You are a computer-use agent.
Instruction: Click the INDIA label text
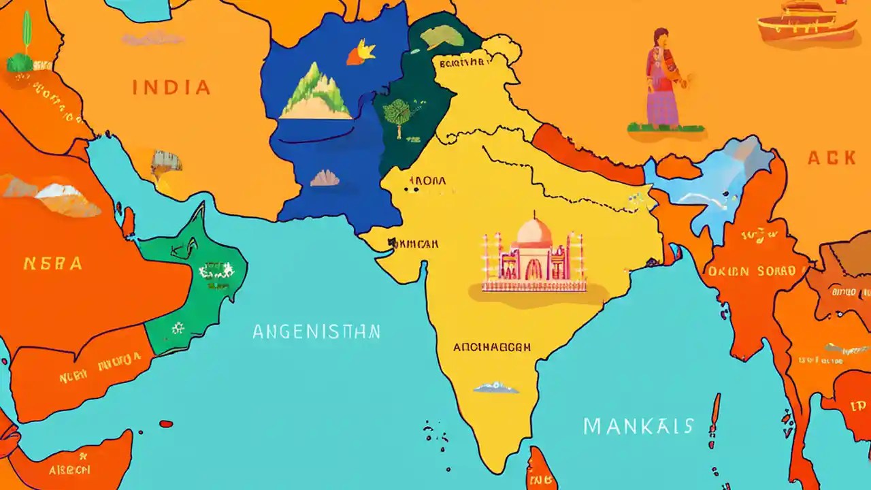(171, 87)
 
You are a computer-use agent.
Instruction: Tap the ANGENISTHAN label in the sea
(316, 331)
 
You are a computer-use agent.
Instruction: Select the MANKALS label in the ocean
(638, 427)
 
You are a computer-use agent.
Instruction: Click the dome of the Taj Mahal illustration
(534, 233)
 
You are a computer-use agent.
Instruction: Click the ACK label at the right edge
(832, 158)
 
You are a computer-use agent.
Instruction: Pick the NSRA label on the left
(52, 263)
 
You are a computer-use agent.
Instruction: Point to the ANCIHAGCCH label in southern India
(492, 347)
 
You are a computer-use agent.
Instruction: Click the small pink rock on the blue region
(325, 178)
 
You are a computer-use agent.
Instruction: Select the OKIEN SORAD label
(751, 271)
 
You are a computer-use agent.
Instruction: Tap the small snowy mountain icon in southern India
(496, 387)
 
